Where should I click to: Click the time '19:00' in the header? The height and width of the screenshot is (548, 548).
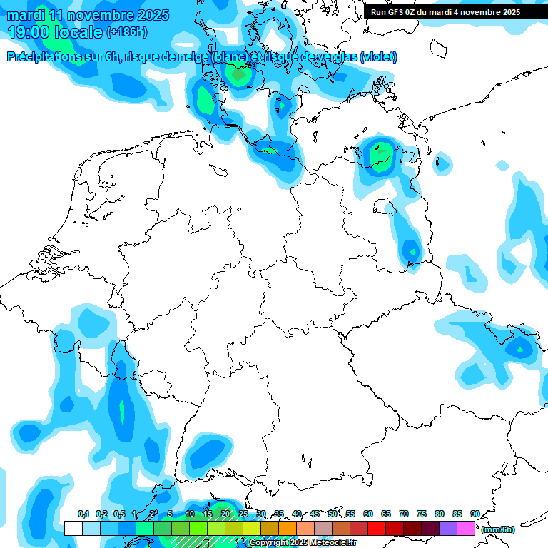(29, 32)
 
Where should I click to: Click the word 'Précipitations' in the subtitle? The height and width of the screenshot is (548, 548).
(43, 57)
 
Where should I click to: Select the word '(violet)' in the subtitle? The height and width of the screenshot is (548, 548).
(378, 57)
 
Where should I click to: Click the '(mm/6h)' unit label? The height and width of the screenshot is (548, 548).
(498, 529)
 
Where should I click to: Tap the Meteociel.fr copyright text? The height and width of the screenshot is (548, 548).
(302, 543)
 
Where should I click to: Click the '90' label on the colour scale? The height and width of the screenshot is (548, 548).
(475, 514)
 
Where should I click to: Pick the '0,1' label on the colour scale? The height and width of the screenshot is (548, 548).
(83, 514)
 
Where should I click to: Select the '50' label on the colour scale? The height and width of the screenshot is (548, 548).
(333, 514)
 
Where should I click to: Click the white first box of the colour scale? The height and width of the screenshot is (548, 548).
(73, 528)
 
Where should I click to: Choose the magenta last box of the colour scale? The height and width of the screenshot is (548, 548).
(466, 528)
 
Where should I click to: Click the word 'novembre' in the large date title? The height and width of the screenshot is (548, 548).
(99, 15)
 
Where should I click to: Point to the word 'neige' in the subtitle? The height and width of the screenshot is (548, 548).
(193, 57)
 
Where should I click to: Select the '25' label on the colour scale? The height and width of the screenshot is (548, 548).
(243, 514)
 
